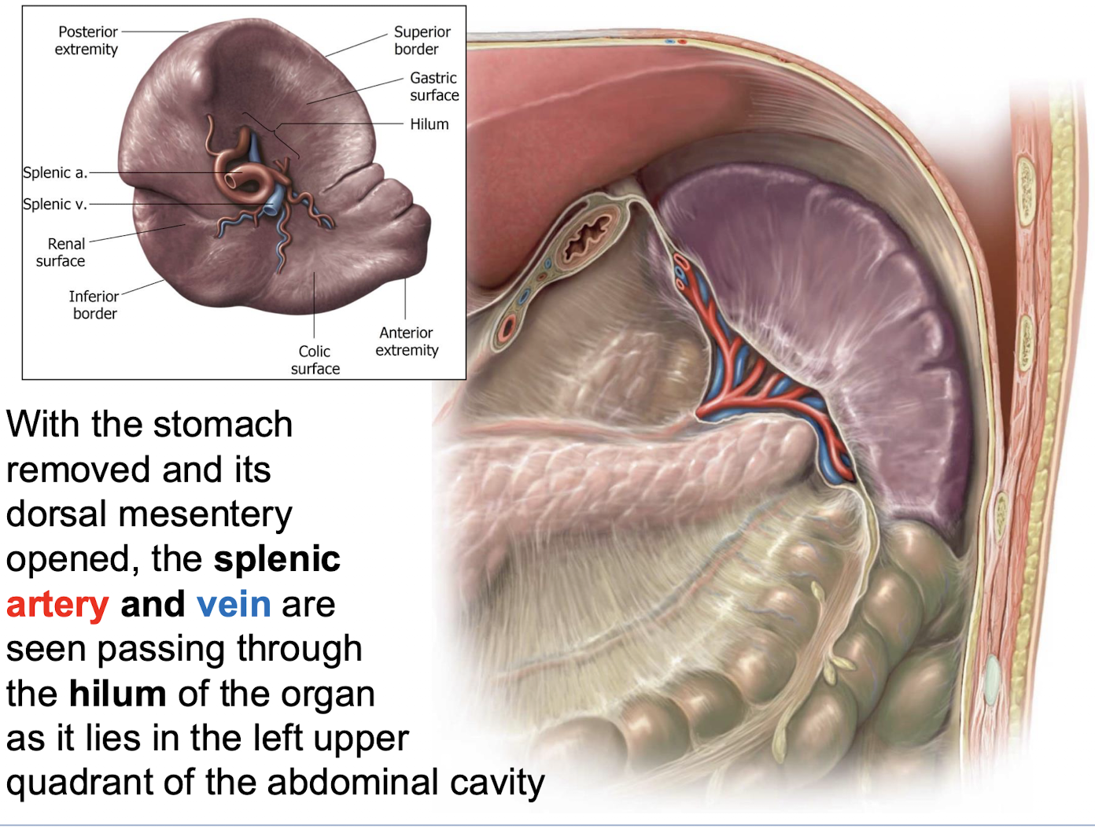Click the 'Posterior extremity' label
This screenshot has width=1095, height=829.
[x=87, y=40]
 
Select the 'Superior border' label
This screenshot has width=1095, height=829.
[x=422, y=40]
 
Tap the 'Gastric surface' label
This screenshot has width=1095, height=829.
[x=433, y=87]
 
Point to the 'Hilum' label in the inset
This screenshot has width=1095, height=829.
[x=429, y=124]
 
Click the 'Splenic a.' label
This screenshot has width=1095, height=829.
[x=54, y=172]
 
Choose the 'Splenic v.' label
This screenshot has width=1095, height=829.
[x=54, y=204]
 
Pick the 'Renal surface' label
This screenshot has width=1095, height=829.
[x=61, y=252]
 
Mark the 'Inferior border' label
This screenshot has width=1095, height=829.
[x=94, y=304]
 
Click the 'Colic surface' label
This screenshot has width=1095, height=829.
[x=315, y=359]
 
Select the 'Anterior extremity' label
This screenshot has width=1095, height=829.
[x=406, y=341]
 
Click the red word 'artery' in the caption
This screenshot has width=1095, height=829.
[x=57, y=604]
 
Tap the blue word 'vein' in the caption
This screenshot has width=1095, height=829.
[x=234, y=604]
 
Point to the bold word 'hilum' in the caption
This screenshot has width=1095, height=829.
[x=117, y=694]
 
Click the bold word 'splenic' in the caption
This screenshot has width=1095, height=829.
[x=277, y=559]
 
